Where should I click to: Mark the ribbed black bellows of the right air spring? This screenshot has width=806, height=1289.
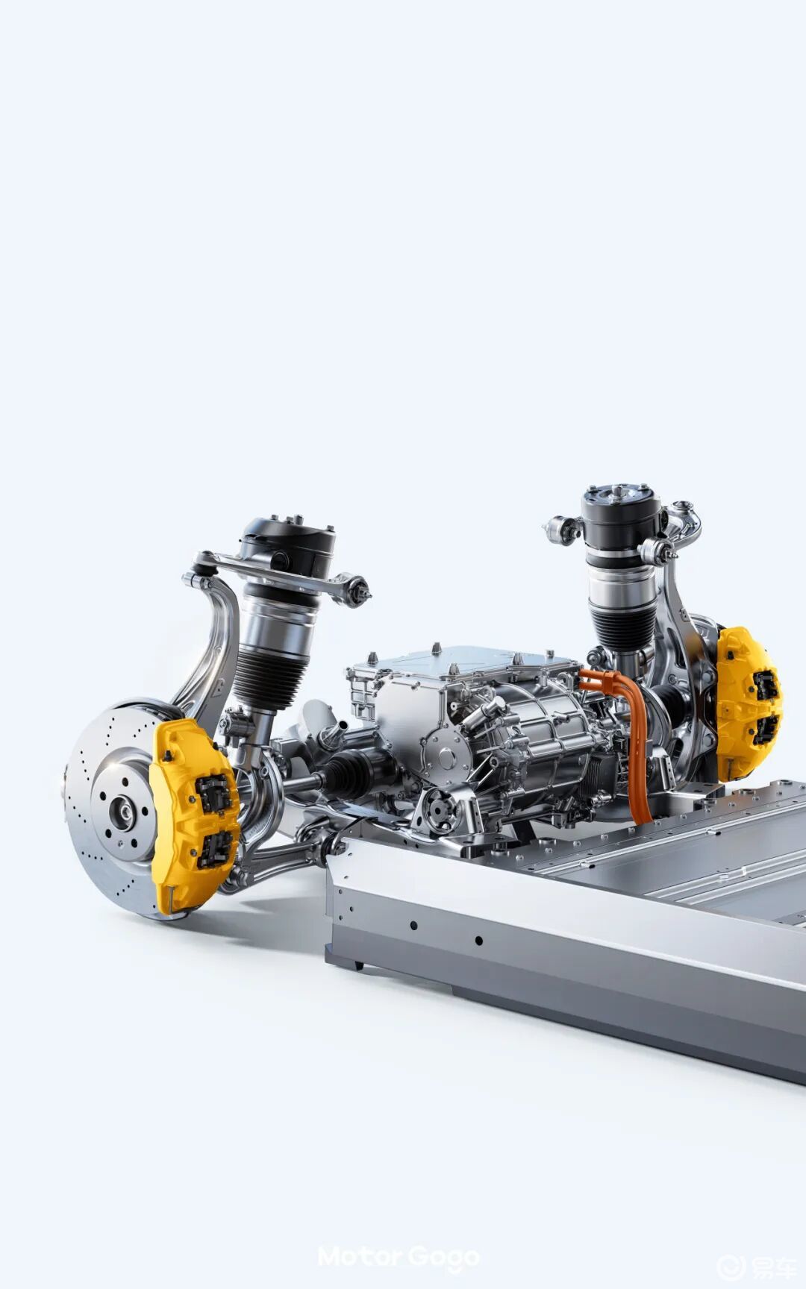[x=622, y=630]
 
